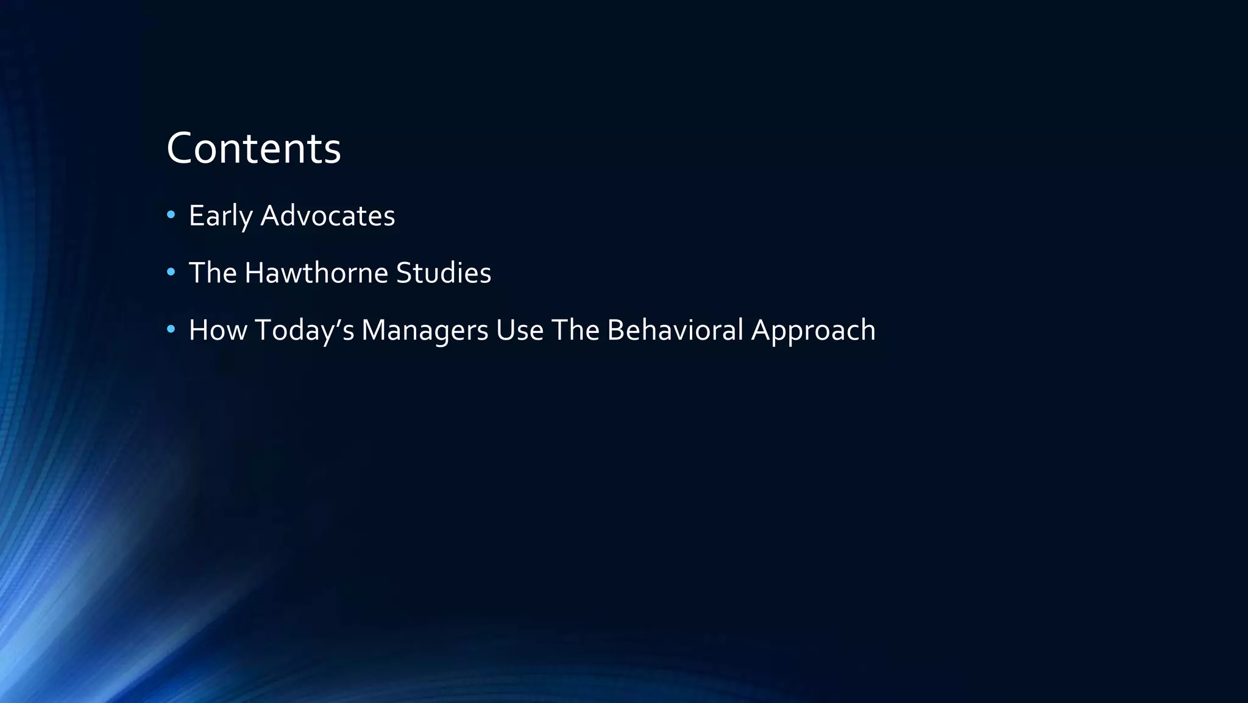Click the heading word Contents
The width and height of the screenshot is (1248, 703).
click(x=253, y=148)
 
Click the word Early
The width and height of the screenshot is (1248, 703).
click(x=220, y=216)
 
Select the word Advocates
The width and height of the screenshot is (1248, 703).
click(x=328, y=216)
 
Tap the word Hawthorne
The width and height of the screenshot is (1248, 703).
click(x=316, y=273)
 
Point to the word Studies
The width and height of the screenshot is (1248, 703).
click(x=443, y=273)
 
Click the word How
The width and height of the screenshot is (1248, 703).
click(x=218, y=330)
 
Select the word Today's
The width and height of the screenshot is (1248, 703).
click(x=304, y=330)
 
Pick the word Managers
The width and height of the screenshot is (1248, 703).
click(x=425, y=330)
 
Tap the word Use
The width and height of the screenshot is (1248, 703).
click(x=519, y=330)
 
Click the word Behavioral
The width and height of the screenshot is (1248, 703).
click(x=675, y=330)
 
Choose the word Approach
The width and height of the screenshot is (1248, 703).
click(x=813, y=330)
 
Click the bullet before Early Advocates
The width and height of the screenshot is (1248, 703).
click(x=171, y=215)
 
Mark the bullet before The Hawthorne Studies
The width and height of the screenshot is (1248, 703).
click(x=171, y=272)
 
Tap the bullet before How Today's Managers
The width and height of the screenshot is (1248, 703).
click(x=171, y=329)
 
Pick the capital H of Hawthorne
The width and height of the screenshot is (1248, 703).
click(x=254, y=273)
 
